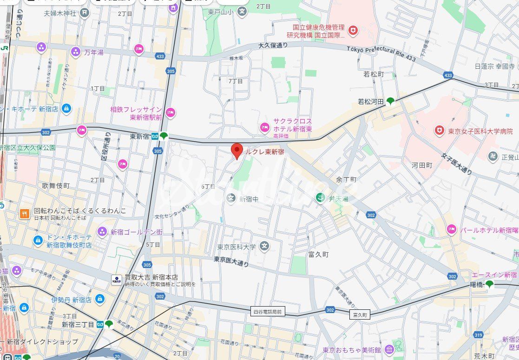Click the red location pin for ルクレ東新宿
(237, 151)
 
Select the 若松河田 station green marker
(390, 101)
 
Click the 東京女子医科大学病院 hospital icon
(439, 131)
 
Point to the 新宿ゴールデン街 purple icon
(102, 232)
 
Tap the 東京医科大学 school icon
(264, 246)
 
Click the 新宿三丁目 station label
(78, 324)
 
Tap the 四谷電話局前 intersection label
(268, 312)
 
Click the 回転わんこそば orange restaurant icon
(24, 213)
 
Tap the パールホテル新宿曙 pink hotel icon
(451, 229)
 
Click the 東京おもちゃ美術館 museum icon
(388, 349)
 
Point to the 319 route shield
(478, 334)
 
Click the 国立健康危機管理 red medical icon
(353, 31)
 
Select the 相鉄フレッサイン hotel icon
(171, 112)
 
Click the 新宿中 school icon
(231, 198)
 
